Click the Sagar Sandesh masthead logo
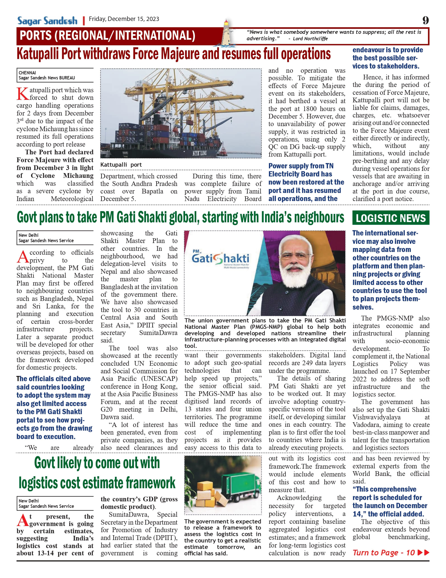(47, 21)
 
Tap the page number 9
(425, 20)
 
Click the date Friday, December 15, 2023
(124, 19)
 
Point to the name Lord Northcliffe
(310, 39)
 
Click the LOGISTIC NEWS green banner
(391, 218)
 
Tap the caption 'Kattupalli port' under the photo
(121, 165)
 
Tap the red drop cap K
(22, 94)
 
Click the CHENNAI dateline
(27, 73)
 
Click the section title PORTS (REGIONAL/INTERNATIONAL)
(107, 36)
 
